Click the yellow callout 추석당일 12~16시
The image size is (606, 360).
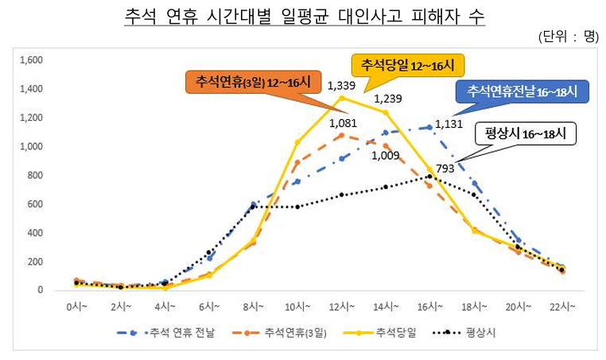(x=407, y=64)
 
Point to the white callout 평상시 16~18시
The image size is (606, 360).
(x=525, y=134)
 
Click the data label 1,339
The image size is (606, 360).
(x=341, y=85)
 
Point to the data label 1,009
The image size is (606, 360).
(x=386, y=156)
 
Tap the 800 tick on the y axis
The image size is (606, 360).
(x=35, y=176)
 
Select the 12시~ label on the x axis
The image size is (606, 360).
(x=341, y=306)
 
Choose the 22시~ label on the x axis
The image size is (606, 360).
(x=561, y=306)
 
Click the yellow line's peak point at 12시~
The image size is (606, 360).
(x=342, y=98)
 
